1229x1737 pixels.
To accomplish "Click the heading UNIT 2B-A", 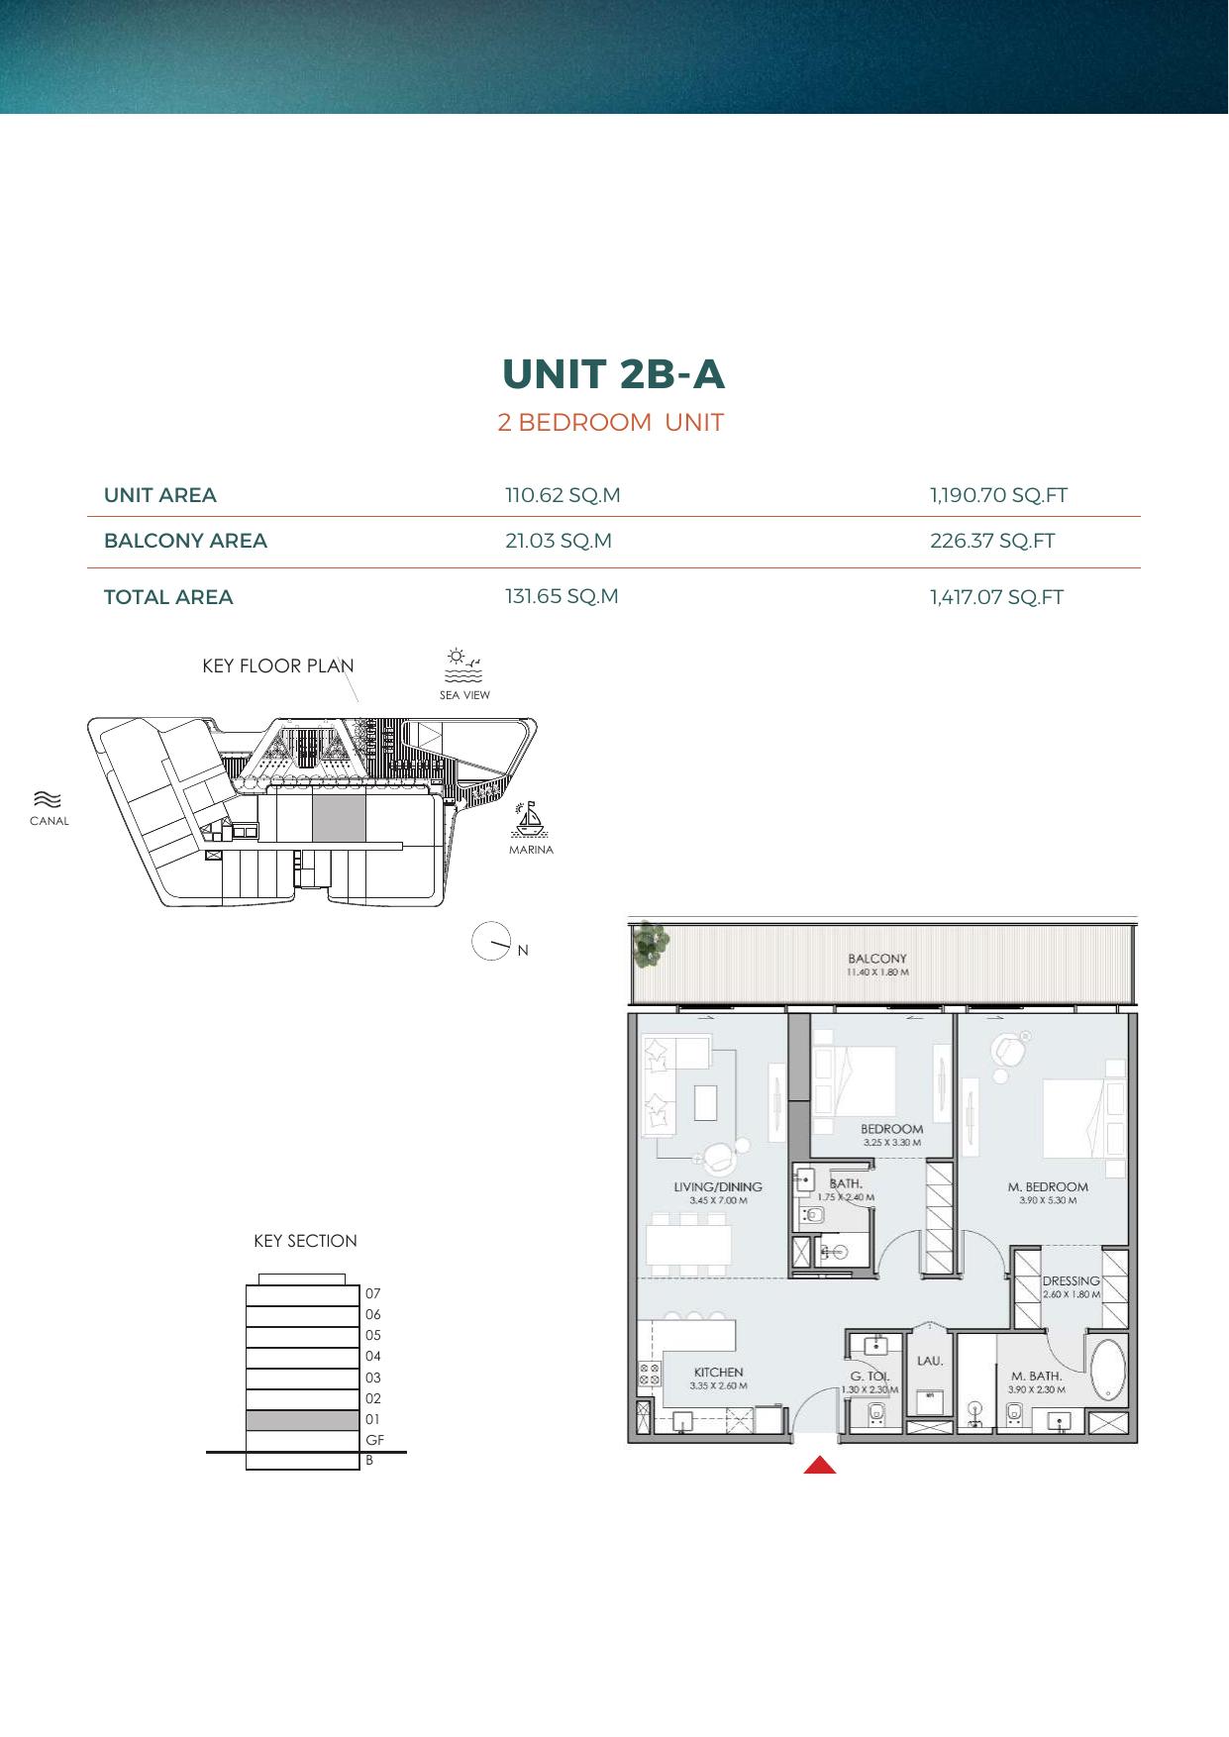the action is click(x=613, y=373).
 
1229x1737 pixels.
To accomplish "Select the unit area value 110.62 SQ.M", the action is click(x=563, y=495).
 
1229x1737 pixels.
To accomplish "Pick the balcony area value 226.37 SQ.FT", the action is click(x=992, y=541).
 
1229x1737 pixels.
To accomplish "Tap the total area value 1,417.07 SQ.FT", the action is click(x=996, y=597).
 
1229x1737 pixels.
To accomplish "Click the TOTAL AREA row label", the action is click(x=168, y=597).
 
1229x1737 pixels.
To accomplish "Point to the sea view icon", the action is click(x=463, y=665).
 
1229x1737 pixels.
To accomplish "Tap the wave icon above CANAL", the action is click(x=48, y=799).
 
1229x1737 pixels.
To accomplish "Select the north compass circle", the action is click(x=491, y=941).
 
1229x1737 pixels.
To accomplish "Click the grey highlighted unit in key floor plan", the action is click(x=339, y=820).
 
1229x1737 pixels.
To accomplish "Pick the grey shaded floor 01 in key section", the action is click(x=302, y=1420).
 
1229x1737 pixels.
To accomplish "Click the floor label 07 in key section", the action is click(x=372, y=1293).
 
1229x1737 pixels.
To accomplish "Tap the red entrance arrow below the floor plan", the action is click(x=820, y=1465).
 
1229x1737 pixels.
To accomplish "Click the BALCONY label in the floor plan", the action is click(x=877, y=959).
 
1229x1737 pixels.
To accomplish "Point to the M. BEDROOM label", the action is click(x=1048, y=1186).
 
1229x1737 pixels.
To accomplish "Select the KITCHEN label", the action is click(x=718, y=1373).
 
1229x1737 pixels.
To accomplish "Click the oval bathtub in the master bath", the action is click(x=1107, y=1371).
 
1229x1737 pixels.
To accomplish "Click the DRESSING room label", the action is click(x=1071, y=1280).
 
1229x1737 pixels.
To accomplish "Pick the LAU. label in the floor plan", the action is click(x=929, y=1361).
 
